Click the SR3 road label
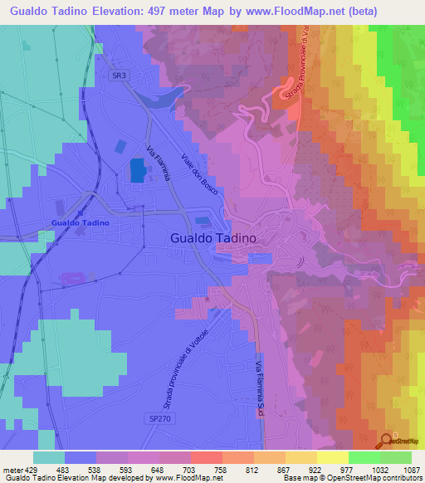[x=120, y=75]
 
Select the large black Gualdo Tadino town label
[x=211, y=237]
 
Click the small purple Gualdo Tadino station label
[x=81, y=223]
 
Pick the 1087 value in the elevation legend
[x=411, y=469]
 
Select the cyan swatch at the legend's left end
[x=48, y=456]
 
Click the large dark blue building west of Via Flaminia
[x=136, y=170]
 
